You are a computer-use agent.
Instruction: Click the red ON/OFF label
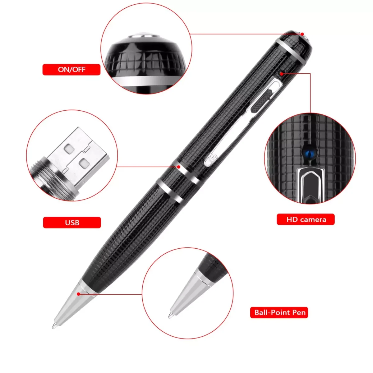tap(71, 70)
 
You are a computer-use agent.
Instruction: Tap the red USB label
tap(72, 223)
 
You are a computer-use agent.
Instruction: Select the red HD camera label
tap(306, 219)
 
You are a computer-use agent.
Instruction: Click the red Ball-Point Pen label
tap(279, 312)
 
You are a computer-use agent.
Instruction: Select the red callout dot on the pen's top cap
tap(302, 34)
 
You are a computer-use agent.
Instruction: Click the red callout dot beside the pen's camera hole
tap(282, 74)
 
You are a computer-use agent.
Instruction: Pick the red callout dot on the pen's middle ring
tap(179, 167)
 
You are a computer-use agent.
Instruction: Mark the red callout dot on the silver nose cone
tap(78, 294)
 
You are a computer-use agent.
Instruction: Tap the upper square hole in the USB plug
tap(69, 149)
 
